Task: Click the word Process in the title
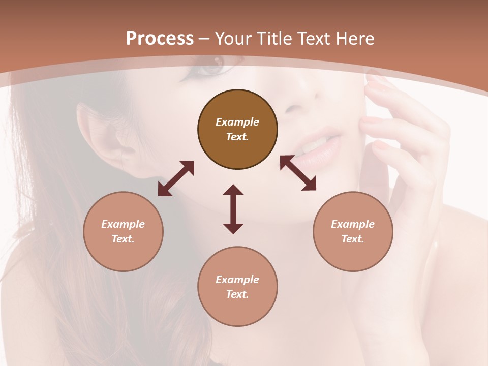click(160, 39)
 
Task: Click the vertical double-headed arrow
click(233, 209)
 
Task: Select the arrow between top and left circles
click(176, 178)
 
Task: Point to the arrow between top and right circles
click(298, 173)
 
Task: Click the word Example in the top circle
click(237, 122)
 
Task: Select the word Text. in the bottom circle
click(237, 294)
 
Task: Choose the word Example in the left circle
click(123, 224)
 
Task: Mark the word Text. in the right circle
click(353, 239)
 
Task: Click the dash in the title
click(204, 39)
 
